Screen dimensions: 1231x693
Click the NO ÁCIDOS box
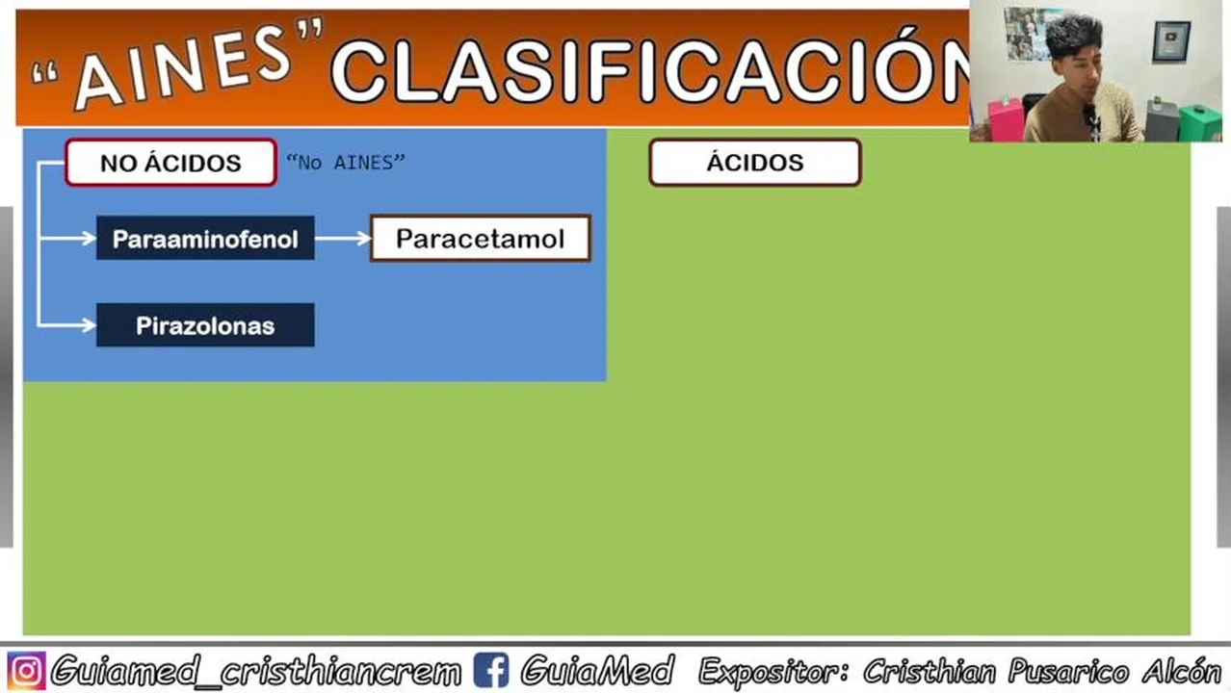pyautogui.click(x=170, y=163)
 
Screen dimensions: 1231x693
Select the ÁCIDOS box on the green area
pyautogui.click(x=755, y=163)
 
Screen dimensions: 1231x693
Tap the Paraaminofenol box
pyautogui.click(x=205, y=239)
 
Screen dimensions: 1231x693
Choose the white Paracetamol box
pyautogui.click(x=481, y=239)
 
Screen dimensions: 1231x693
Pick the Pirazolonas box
pyautogui.click(x=205, y=325)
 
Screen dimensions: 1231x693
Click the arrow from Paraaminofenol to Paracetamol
pyautogui.click(x=344, y=239)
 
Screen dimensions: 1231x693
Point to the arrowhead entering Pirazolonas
pyautogui.click(x=89, y=325)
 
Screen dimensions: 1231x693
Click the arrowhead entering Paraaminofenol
pyautogui.click(x=89, y=239)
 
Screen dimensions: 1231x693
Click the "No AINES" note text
pyautogui.click(x=346, y=163)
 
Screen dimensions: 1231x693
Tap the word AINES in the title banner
pyautogui.click(x=182, y=65)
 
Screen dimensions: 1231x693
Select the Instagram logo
pyautogui.click(x=26, y=671)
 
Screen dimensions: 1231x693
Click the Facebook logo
pyautogui.click(x=490, y=670)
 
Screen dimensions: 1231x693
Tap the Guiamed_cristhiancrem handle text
pyautogui.click(x=256, y=671)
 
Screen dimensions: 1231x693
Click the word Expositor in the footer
pyautogui.click(x=773, y=672)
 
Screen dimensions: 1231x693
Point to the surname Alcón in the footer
pyautogui.click(x=1182, y=671)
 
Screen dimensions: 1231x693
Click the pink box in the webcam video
pyautogui.click(x=1006, y=118)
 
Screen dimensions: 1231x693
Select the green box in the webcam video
pyautogui.click(x=1200, y=123)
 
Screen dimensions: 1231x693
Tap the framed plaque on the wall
pyautogui.click(x=1171, y=40)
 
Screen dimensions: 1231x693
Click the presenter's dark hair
pyautogui.click(x=1073, y=38)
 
